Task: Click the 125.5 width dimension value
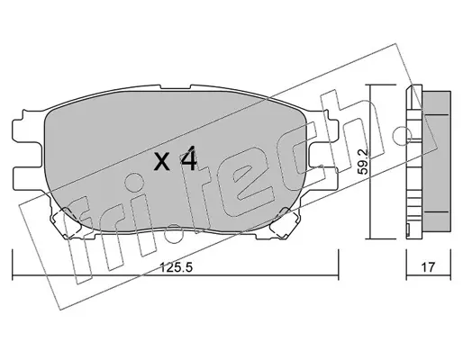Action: point(176,267)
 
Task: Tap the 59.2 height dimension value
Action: point(363,162)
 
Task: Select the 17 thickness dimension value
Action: point(428,267)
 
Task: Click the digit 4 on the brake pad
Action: point(188,158)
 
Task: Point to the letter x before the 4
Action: point(162,162)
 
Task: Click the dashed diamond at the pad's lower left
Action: point(66,222)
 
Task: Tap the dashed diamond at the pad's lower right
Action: point(284,223)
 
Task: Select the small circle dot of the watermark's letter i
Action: point(133,182)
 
